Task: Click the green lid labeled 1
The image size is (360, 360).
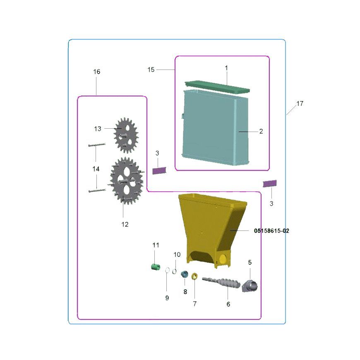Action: coord(217,86)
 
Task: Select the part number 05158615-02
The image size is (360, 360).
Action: coord(271,231)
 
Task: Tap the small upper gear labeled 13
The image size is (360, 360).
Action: coord(126,135)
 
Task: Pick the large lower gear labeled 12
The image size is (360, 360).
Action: coord(127,181)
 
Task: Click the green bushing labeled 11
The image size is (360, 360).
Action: coord(156,267)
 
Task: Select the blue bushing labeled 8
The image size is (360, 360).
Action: coord(184,274)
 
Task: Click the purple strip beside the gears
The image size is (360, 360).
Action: coord(159,170)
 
